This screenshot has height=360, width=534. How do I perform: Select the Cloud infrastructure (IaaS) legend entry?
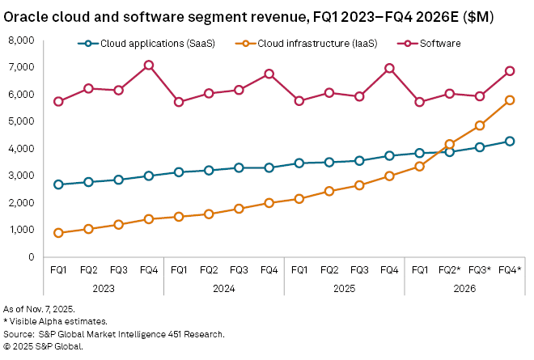coord(294,43)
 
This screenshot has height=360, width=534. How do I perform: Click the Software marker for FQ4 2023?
coord(149,65)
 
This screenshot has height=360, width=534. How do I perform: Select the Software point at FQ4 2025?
coord(389,68)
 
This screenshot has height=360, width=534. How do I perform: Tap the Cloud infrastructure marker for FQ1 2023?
coord(59,233)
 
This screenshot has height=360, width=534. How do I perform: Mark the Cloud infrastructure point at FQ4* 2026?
coord(510,100)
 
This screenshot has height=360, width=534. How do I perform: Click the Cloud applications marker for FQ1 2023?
coord(59,184)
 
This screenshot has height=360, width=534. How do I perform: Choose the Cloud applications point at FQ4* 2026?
coord(510,141)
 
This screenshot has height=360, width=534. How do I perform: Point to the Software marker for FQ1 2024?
coord(179,102)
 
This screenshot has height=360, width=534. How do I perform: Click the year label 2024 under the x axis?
coord(223,287)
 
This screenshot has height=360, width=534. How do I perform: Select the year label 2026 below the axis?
coord(464,287)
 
